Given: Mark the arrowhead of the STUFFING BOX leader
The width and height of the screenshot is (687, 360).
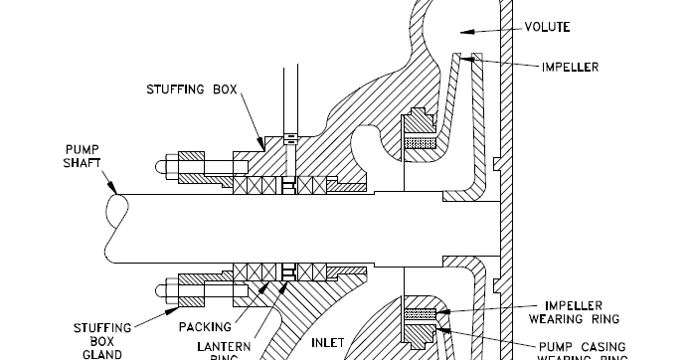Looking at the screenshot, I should click(x=263, y=147).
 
